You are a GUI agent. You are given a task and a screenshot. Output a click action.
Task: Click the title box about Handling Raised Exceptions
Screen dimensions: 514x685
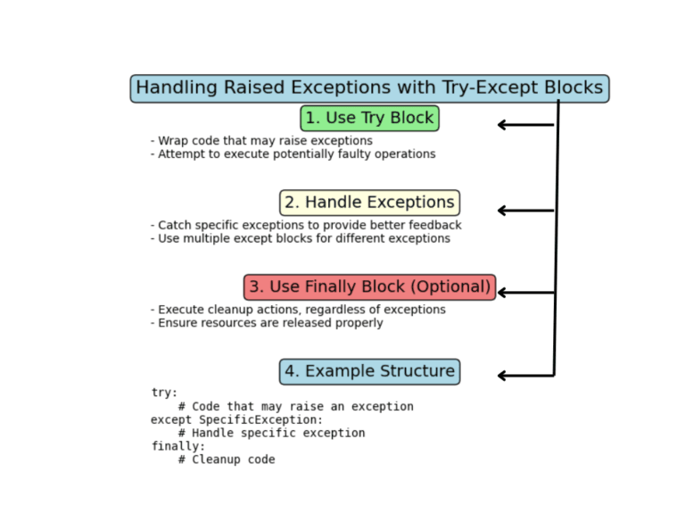tap(369, 88)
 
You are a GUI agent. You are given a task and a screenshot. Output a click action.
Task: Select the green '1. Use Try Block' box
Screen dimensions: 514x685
tap(369, 118)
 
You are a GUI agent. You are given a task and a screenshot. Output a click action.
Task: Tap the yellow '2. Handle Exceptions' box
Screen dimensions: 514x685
tap(369, 203)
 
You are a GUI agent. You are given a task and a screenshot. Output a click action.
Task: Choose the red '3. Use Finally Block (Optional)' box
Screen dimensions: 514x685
tap(369, 287)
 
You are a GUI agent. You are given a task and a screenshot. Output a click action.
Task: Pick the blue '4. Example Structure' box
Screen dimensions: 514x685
tap(369, 371)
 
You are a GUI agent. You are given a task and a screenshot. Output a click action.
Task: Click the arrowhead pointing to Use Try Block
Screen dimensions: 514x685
tap(502, 125)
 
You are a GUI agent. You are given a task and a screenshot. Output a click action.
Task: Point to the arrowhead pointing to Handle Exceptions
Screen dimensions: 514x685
tap(502, 211)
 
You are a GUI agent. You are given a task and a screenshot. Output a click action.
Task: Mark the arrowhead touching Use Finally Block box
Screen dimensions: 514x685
tap(502, 293)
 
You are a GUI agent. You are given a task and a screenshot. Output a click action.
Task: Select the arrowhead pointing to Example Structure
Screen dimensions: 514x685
tap(502, 376)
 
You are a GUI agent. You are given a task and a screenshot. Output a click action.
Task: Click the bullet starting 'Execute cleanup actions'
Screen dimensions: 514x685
tap(298, 310)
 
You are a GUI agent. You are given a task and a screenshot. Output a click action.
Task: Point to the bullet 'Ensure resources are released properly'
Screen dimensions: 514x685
tap(267, 323)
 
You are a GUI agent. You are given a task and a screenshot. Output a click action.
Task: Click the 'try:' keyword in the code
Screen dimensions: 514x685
tap(164, 393)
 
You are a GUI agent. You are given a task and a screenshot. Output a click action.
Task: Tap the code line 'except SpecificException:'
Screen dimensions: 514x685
tap(236, 419)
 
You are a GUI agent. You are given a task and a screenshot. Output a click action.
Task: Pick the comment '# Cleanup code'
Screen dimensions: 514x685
tap(227, 460)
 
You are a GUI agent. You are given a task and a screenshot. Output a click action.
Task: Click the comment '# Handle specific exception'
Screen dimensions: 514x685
tap(271, 433)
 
